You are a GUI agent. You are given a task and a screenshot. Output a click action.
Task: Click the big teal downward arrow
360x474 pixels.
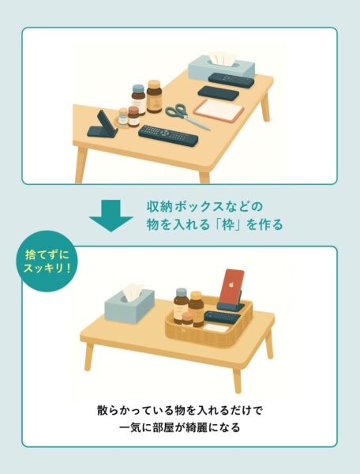[x=111, y=216]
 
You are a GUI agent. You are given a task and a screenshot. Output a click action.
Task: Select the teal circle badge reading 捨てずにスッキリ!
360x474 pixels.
[x=47, y=261]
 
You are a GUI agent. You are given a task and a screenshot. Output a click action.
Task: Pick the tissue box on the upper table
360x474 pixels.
[x=222, y=68]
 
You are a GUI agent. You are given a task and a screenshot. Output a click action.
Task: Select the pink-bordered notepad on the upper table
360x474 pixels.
[x=219, y=111]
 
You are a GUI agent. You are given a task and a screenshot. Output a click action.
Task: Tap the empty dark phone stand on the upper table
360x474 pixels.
[x=102, y=125]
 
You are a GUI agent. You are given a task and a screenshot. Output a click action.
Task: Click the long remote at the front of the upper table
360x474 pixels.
[x=168, y=136]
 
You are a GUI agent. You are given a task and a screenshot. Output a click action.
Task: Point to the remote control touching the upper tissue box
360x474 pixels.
[x=231, y=80]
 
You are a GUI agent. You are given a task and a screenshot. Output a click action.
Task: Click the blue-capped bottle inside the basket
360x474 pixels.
[x=181, y=305]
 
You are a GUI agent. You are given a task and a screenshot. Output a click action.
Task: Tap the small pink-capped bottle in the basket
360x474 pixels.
[x=187, y=319]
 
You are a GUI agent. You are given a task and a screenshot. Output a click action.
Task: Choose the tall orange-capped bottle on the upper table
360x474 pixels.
[x=154, y=96]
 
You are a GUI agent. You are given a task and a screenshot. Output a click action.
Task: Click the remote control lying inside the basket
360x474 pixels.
[x=222, y=318]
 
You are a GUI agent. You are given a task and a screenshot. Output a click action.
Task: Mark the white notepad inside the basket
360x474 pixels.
[x=216, y=327]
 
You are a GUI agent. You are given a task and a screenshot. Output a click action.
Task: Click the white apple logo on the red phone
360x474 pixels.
[x=232, y=284]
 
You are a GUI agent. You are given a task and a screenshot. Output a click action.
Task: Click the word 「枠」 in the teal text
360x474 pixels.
[x=227, y=224]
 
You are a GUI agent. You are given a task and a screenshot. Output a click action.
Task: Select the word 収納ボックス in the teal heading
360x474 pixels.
[x=186, y=207]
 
